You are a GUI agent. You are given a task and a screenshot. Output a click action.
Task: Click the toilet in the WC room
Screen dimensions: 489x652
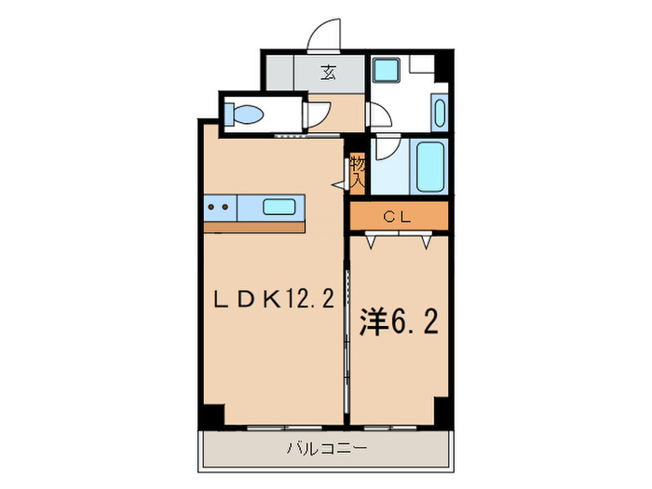[246, 115]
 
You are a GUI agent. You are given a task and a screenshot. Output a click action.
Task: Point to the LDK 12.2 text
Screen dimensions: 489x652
[274, 299]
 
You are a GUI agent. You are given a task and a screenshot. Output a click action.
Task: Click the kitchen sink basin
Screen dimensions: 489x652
[280, 207]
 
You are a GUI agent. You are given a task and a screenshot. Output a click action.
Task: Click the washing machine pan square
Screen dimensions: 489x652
[385, 72]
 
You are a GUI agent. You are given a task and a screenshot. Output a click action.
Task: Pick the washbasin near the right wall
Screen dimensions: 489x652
[439, 113]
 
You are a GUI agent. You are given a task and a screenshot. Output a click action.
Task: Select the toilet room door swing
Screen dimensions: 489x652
[317, 114]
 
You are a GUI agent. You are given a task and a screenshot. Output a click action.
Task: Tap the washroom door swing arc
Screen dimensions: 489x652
[378, 115]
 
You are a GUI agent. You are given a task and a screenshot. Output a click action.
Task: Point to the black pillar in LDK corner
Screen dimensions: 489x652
[213, 416]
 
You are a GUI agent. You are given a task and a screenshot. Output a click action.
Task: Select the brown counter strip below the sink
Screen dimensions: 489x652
[254, 227]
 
